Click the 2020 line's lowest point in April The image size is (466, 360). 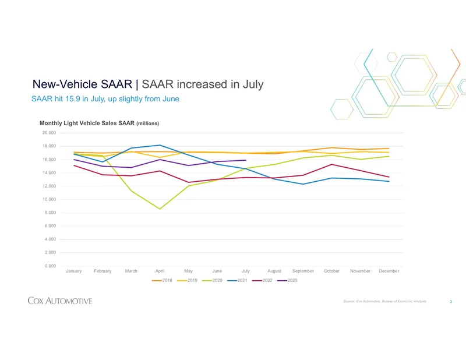click(160, 209)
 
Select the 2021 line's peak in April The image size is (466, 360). click(160, 145)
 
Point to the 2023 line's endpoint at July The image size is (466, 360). click(245, 160)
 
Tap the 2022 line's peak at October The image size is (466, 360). click(331, 164)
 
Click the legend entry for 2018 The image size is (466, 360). click(162, 280)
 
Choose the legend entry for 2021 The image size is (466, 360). click(237, 280)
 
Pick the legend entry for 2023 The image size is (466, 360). click(287, 280)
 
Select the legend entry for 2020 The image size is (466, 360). click(212, 280)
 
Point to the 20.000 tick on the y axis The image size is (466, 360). click(49, 133)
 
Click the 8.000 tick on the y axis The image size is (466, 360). click(50, 213)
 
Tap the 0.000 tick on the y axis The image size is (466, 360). click(50, 266)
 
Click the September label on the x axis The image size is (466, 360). click(303, 271)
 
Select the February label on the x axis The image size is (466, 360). click(103, 271)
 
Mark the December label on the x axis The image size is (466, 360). click(389, 271)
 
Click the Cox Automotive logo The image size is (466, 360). click(60, 301)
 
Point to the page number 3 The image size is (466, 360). click(451, 301)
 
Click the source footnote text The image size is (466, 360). click(384, 301)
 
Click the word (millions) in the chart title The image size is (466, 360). click(148, 123)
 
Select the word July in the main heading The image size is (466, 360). click(253, 84)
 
